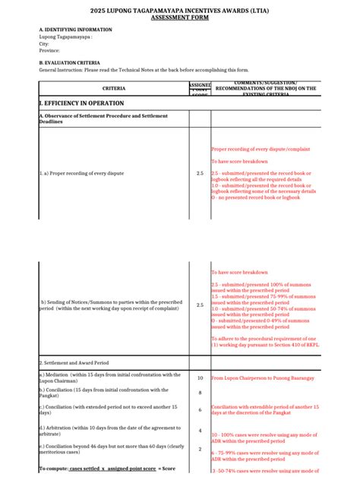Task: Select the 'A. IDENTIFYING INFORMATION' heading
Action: coord(75,30)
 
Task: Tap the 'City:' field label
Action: coord(44,44)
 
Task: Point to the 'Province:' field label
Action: coord(51,51)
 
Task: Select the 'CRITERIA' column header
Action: coord(114,89)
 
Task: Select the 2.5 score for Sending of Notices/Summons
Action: coord(200,305)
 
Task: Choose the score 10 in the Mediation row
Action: coord(200,377)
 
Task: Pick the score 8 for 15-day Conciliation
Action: coord(200,393)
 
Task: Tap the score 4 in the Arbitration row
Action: coord(200,431)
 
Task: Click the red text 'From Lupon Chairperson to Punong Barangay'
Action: coord(262,377)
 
